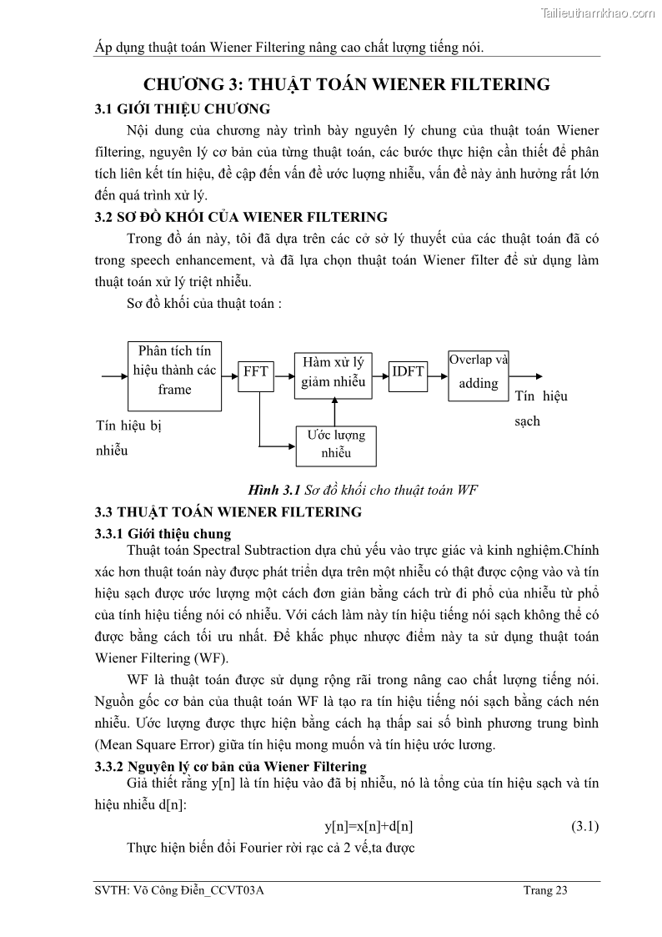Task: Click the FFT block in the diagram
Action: (x=256, y=371)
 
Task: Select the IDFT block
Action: (x=409, y=371)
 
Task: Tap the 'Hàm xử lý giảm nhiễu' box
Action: (x=334, y=372)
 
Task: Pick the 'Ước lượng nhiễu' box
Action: (x=336, y=445)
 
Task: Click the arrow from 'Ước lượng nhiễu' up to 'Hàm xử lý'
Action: (x=334, y=409)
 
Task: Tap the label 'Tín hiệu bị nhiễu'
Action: (x=128, y=438)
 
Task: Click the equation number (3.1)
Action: (x=584, y=826)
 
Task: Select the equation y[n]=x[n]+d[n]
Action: (x=369, y=826)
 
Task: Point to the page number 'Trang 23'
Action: (x=545, y=890)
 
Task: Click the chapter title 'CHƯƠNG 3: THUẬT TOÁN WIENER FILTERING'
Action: (x=347, y=84)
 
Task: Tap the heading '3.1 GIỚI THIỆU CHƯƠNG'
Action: (x=182, y=108)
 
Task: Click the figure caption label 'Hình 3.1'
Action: (x=273, y=490)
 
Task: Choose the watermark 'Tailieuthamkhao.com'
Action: (x=598, y=13)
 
